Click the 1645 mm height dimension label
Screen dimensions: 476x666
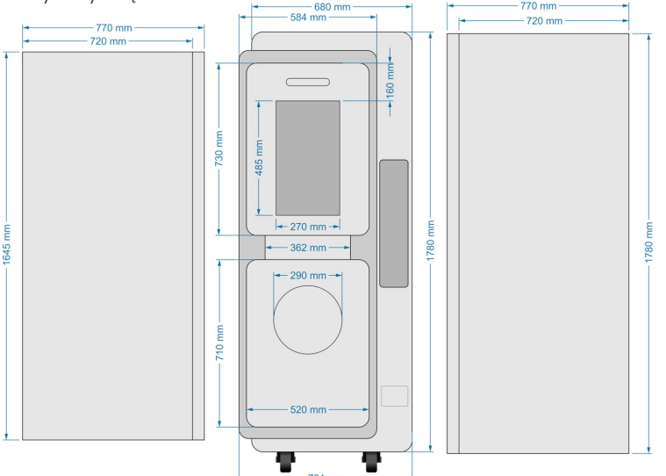coord(6,245)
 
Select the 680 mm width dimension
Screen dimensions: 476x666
coord(333,7)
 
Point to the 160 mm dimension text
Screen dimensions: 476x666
coord(390,82)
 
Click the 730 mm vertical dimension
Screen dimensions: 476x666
coord(219,148)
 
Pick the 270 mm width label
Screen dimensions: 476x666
coord(308,227)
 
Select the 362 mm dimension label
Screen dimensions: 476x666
coord(308,248)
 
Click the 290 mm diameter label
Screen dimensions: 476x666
coord(308,276)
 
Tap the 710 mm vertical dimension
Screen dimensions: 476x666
coord(219,342)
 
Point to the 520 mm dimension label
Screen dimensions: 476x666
coord(308,409)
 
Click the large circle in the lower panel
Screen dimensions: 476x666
coord(308,319)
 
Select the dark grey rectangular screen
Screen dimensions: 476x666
coord(308,157)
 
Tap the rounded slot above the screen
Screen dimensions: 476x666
coord(308,82)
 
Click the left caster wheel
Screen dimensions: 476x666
coord(287,461)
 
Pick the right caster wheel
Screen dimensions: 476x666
coord(372,461)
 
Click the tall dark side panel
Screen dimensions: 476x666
coord(394,223)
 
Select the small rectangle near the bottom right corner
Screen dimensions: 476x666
coord(395,396)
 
